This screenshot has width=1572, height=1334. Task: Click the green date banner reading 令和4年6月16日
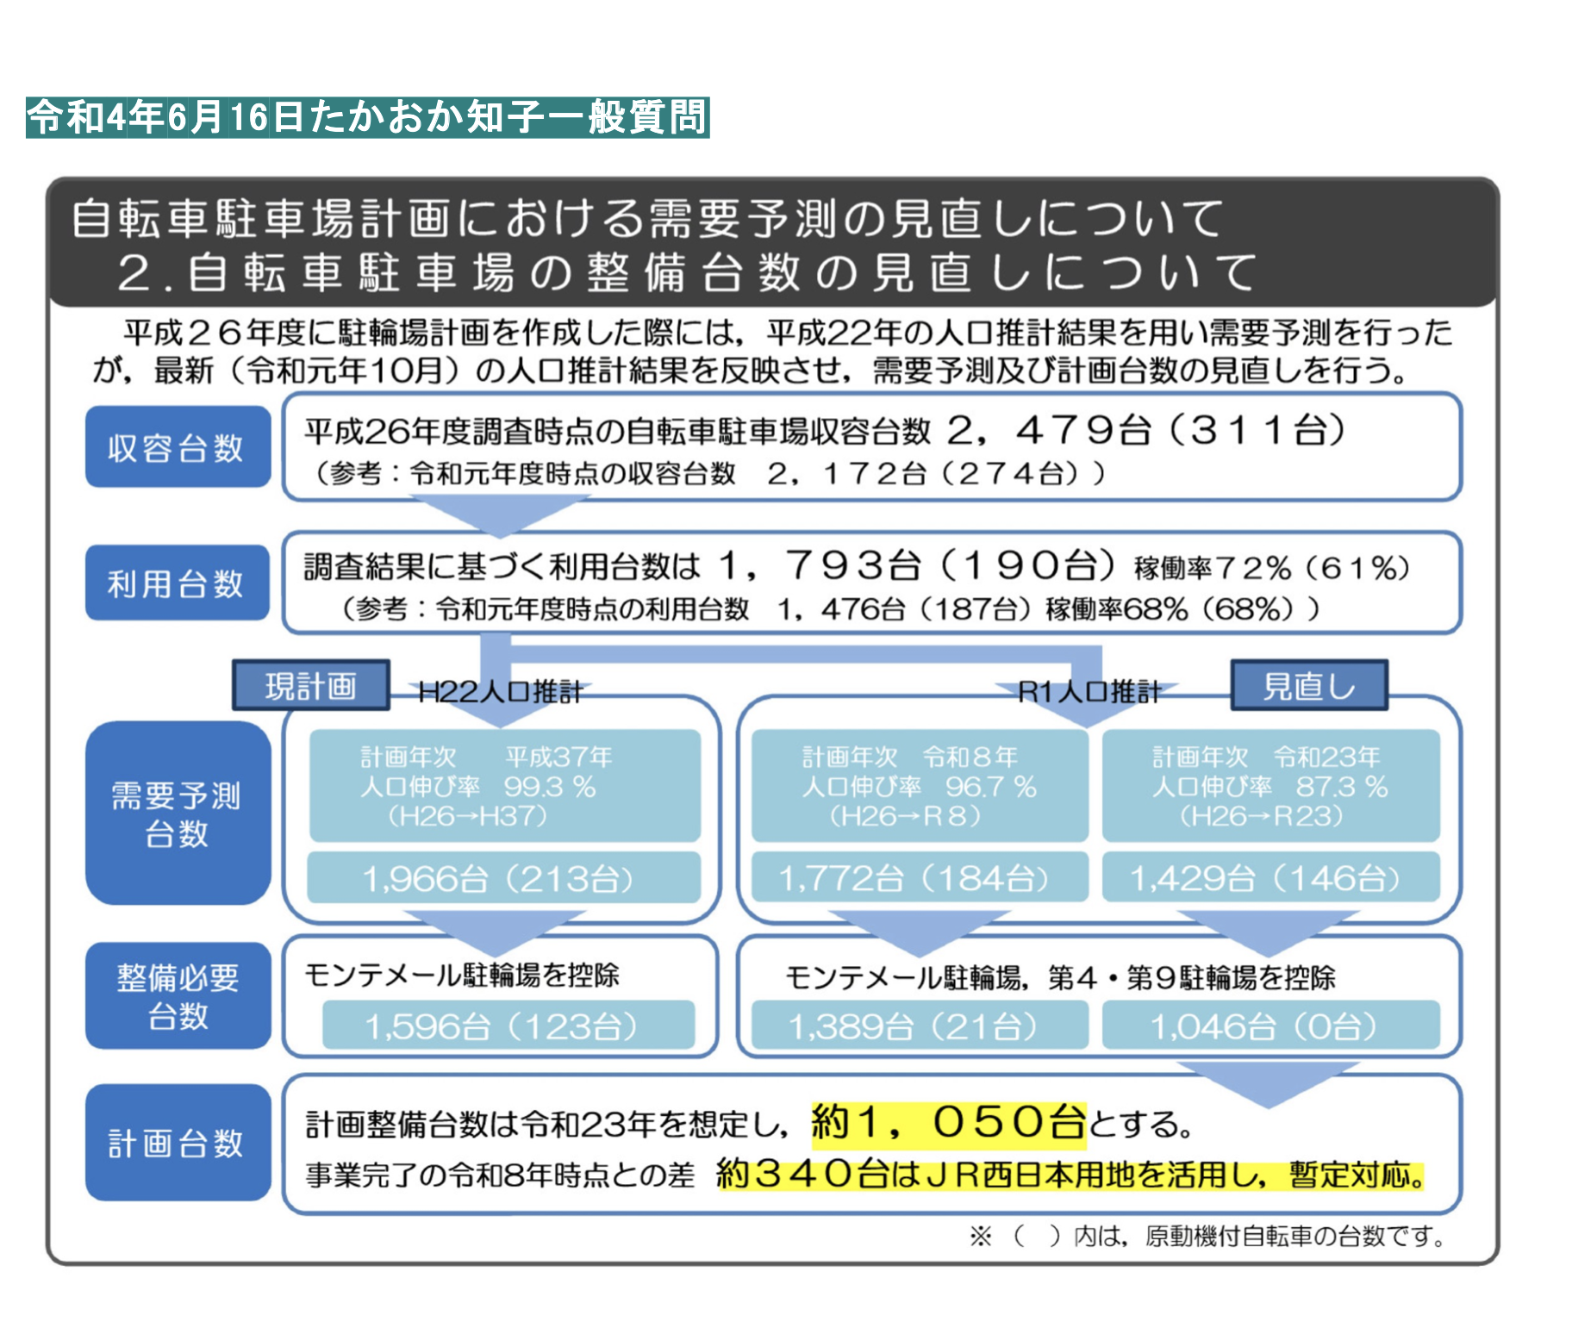tap(367, 117)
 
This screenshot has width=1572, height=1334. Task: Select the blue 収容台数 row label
tap(178, 447)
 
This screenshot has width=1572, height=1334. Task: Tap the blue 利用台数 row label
tap(178, 583)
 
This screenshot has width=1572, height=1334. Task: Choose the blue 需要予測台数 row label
tap(178, 813)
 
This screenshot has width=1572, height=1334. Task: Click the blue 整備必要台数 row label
tap(178, 996)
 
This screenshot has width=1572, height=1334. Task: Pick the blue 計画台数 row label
tap(178, 1143)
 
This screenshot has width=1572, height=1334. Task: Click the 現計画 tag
tap(311, 686)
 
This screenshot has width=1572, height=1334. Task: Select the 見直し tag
tap(1309, 686)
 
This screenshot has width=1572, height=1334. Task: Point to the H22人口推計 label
tap(500, 692)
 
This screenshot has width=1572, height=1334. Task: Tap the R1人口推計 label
tap(1089, 692)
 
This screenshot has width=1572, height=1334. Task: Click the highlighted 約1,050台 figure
tap(949, 1123)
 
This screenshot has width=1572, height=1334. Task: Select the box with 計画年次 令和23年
tap(1270, 785)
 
